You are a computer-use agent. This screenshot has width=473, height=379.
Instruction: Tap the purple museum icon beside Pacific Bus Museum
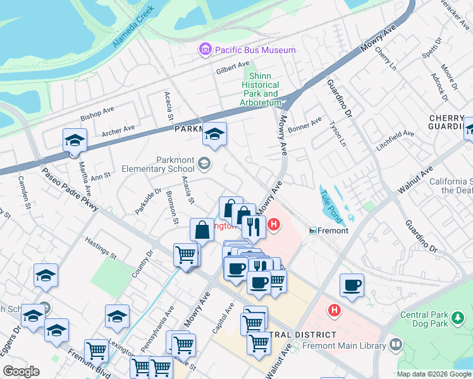tap(205, 49)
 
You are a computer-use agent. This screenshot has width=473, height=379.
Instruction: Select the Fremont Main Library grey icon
tap(396, 345)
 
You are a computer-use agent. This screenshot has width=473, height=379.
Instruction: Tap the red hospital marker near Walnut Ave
tap(334, 311)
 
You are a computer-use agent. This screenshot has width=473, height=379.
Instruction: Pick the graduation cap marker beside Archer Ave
tap(75, 141)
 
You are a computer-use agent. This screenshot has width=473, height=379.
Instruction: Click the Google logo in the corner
tap(21, 371)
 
